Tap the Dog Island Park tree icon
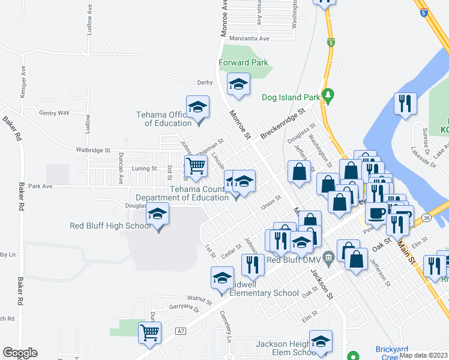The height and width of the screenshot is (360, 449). coord(327,95)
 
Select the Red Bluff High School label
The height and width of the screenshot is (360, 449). coord(110,226)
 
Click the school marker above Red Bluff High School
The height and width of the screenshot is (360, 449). coord(157,215)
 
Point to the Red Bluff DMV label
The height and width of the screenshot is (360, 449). coord(291,260)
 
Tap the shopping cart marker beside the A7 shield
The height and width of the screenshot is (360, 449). coord(149,332)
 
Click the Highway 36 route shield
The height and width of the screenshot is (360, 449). coord(426,217)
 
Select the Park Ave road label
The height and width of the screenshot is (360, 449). coord(40,186)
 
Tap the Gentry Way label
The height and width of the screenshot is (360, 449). coord(54,112)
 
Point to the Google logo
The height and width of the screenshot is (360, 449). coord(20,353)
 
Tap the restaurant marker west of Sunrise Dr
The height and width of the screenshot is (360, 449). coord(405,103)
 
